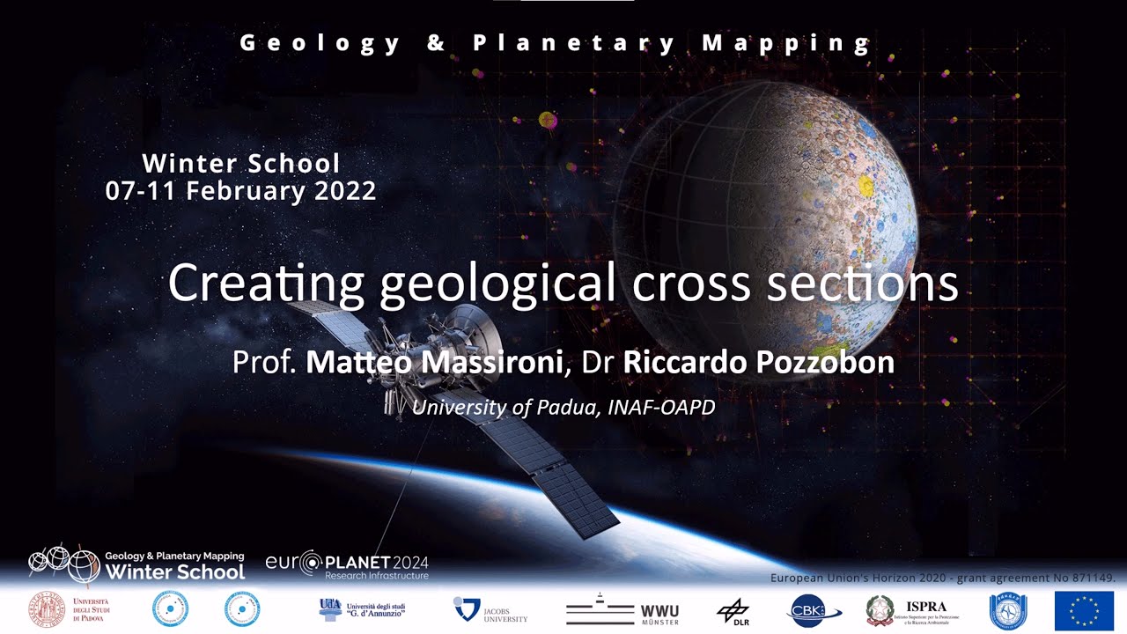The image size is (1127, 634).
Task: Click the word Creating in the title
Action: [265, 284]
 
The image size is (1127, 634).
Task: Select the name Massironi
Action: [503, 362]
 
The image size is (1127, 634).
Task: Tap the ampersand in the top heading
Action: [436, 42]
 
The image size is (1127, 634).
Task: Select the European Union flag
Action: [1084, 611]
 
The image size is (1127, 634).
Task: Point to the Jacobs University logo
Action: [490, 609]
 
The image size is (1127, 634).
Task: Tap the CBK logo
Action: [814, 611]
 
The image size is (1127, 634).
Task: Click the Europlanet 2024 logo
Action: [347, 564]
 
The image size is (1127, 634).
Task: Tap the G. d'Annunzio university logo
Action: [362, 608]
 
